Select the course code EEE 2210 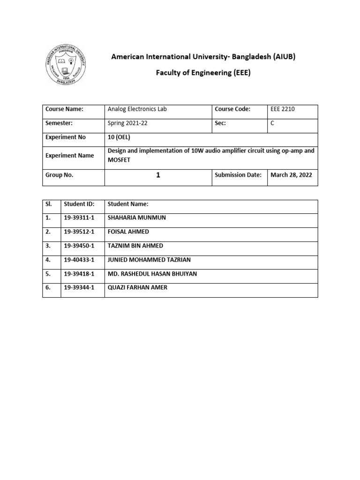coord(283,109)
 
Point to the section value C coord(272,123)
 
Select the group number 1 coord(158,175)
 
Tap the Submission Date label coord(238,175)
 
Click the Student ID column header coord(79,204)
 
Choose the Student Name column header coord(128,204)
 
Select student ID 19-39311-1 coord(79,218)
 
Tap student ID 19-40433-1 coord(79,260)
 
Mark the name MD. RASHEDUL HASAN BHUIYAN coord(152,274)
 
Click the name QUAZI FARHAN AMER coord(137,288)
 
